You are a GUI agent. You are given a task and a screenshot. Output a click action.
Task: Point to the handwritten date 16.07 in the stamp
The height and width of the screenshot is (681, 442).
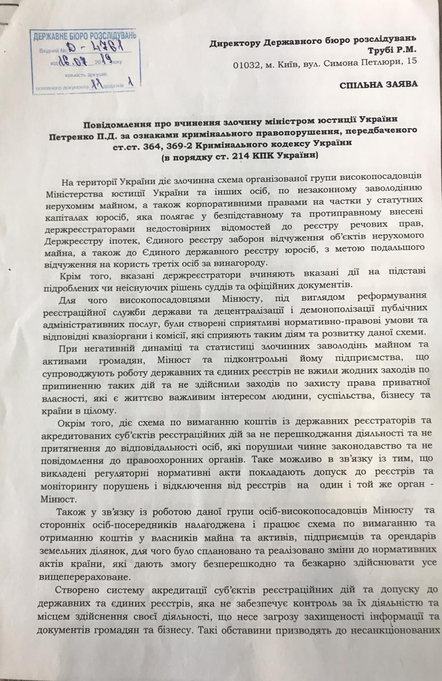(x=70, y=62)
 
